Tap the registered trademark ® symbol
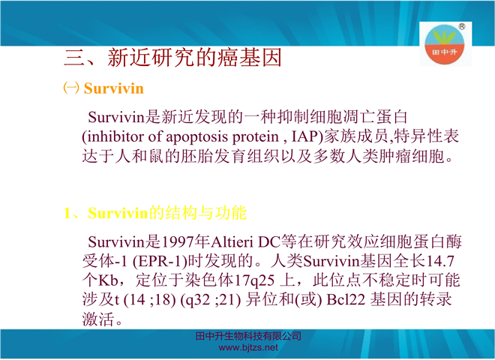[x=461, y=26]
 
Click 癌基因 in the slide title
[x=249, y=58]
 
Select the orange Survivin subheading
[x=114, y=88]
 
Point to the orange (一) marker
[x=71, y=88]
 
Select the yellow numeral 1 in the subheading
[x=67, y=213]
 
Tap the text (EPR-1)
[x=160, y=262]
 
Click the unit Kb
[x=108, y=280]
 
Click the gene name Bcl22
[x=346, y=300]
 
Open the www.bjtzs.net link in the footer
[x=248, y=348]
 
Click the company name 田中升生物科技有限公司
[x=248, y=336]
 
